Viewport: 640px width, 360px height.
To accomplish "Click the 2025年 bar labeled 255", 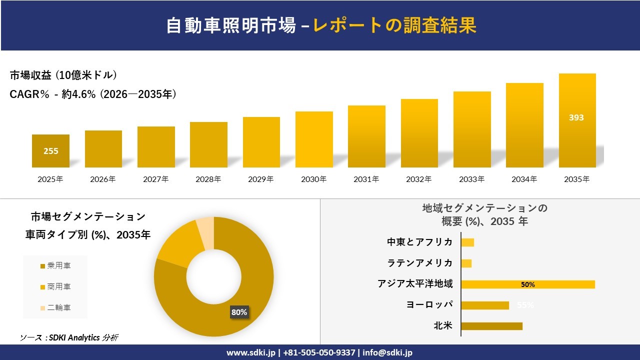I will (x=50, y=150).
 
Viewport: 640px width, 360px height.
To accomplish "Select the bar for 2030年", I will (x=314, y=139).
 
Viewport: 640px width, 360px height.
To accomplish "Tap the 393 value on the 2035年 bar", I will (x=576, y=118).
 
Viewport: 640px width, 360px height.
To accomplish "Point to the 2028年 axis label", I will (x=208, y=179).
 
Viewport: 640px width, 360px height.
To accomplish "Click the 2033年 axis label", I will (x=472, y=179).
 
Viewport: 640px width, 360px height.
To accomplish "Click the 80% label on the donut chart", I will (x=239, y=312).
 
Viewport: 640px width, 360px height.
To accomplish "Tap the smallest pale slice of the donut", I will (x=205, y=233).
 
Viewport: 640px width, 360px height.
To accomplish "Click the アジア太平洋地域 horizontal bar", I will (x=528, y=284).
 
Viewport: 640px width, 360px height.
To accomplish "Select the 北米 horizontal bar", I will (x=491, y=326).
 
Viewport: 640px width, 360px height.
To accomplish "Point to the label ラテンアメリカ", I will (x=420, y=263).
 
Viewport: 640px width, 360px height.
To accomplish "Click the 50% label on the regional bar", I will (x=528, y=284).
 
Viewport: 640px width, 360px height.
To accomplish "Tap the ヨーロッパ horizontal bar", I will (x=484, y=305).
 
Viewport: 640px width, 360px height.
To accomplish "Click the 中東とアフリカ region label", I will (x=420, y=242).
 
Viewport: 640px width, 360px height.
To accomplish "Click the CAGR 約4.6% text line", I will (x=93, y=94).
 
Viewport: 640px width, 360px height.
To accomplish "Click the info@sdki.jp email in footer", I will (x=387, y=352).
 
